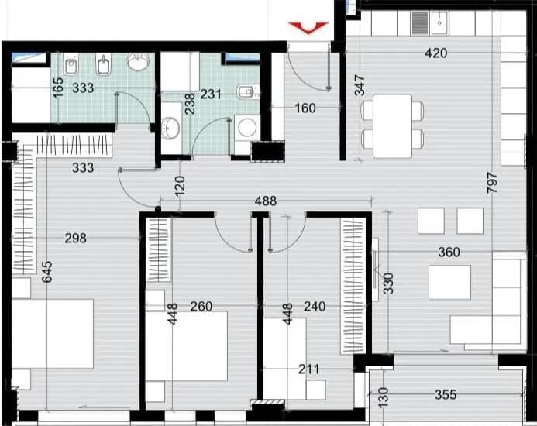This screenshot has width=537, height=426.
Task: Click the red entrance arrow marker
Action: coord(308,27)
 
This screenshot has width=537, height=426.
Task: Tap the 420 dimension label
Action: coord(436,53)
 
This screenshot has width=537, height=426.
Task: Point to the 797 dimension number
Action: coord(492,183)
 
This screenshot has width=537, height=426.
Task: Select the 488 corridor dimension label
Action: coord(266,201)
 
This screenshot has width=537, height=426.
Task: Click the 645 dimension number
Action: coord(47,272)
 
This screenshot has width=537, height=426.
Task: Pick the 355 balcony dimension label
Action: coord(446,394)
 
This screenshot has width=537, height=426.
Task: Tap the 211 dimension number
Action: coord(308,369)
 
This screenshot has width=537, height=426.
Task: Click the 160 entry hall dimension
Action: coord(305,108)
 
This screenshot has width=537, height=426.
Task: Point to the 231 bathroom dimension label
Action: coord(211,94)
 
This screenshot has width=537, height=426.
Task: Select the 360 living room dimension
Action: coord(449,253)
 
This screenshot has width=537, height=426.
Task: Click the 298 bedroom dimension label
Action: coord(76,238)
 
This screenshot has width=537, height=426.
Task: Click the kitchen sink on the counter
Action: coord(439,22)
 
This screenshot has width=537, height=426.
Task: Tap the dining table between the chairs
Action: coord(392,126)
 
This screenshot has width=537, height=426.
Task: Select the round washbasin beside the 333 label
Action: coord(139,62)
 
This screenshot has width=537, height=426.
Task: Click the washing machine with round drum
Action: coord(247,127)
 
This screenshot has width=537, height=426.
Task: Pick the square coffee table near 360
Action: coord(449,282)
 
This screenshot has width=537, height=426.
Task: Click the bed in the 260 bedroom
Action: coord(187,346)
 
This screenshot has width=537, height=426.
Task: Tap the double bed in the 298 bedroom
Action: coord(53,334)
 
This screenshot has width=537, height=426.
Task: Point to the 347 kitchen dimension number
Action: coord(360,86)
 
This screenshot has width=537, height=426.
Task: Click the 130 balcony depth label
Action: coord(384,397)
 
